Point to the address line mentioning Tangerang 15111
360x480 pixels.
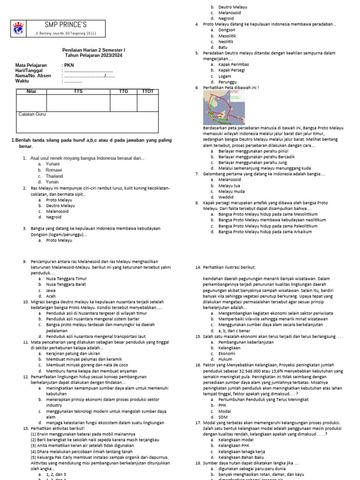pos(66,34)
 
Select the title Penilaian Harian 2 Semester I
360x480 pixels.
pos(94,50)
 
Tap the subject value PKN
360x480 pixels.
pos(69,65)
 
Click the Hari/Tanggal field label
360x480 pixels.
pos(30,70)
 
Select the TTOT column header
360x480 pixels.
pos(147,91)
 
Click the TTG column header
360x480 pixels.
pos(123,91)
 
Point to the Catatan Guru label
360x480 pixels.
pos(32,114)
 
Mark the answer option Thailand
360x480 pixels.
pos(54,176)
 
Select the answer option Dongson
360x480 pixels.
pos(227,30)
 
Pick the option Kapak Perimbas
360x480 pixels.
pos(233,64)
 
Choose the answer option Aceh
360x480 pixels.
pos(51,296)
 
